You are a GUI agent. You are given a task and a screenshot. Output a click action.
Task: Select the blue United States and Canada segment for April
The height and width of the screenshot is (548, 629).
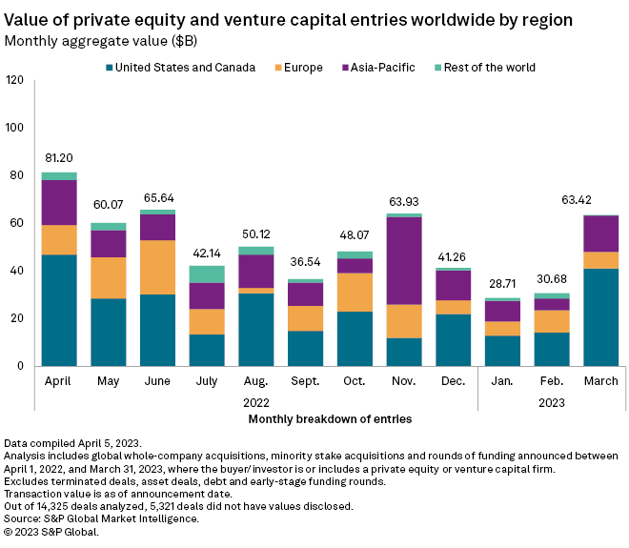pos(59,310)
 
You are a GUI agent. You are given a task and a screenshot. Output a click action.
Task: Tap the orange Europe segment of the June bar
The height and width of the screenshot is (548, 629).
pos(158,267)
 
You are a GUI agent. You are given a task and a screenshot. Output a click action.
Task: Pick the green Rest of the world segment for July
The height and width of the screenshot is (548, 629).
pos(207,274)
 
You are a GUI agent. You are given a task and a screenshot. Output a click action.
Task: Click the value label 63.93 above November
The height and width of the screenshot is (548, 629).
pos(405,201)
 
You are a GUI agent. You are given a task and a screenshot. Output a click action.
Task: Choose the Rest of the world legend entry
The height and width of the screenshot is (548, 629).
pos(489,68)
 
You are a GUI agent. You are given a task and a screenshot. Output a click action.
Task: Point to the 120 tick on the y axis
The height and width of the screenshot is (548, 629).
pos(14,80)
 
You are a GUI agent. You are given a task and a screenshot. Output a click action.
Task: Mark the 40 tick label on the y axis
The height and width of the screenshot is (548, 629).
pos(17,271)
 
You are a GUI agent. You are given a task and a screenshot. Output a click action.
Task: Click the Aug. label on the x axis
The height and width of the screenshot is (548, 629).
pos(256,381)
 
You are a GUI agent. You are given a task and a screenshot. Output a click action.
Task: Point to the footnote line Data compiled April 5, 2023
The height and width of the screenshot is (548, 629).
pos(73,445)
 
